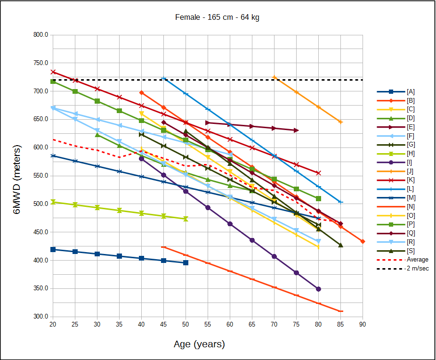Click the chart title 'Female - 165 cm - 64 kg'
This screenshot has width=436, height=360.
pos(217,17)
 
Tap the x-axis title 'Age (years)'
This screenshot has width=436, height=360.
pos(199,344)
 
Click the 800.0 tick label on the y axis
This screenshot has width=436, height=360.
pos(40,35)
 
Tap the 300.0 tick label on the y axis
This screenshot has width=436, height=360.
pos(40,317)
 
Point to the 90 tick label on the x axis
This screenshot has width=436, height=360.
pos(363,324)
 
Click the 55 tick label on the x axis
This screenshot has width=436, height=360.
pos(208,324)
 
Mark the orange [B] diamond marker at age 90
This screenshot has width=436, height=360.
pos(363,242)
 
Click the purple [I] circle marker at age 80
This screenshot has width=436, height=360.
pos(318,289)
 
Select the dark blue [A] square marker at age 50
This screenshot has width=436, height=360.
pos(186,262)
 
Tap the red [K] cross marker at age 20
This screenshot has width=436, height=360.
pos(53,72)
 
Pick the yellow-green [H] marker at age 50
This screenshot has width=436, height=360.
pos(186,219)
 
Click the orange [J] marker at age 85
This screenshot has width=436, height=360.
pos(340,122)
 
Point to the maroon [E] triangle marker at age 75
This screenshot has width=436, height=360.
pos(296,130)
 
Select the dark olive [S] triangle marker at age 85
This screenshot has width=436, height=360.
pos(340,245)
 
